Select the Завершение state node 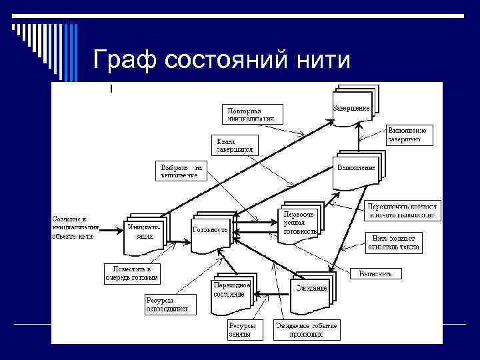353,107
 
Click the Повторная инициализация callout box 253,114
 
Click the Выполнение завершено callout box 410,135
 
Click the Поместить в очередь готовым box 131,272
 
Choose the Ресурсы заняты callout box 239,330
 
